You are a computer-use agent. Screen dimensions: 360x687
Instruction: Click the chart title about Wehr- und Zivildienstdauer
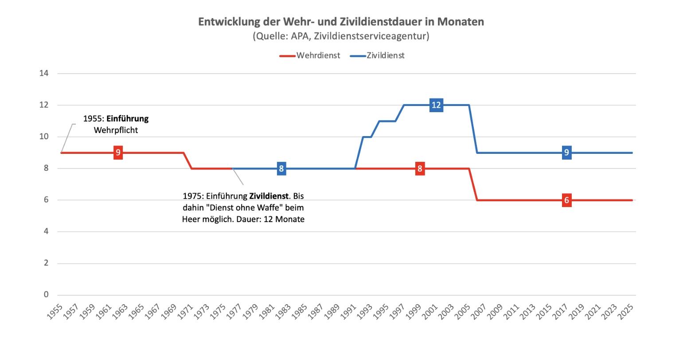[x=341, y=22]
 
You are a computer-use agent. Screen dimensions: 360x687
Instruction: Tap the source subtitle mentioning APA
[x=341, y=36]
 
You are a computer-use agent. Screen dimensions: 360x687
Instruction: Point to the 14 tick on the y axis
[x=44, y=74]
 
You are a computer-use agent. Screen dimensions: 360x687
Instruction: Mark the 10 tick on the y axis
[x=44, y=137]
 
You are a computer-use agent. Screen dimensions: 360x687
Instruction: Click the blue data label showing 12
[x=436, y=105]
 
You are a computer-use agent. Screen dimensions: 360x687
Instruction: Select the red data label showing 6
[x=566, y=200]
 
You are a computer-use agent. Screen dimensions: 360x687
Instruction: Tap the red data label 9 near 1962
[x=118, y=153]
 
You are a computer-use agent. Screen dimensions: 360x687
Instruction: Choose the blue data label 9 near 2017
[x=566, y=153]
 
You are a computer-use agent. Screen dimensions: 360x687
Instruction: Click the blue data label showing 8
[x=281, y=168]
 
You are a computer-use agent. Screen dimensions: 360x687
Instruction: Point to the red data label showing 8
[x=420, y=168]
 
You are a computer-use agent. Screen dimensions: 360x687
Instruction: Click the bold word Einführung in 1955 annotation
[x=128, y=119]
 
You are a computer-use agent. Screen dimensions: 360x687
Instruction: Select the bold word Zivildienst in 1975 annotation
[x=269, y=196]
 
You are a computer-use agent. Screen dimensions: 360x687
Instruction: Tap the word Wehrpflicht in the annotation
[x=116, y=130]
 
